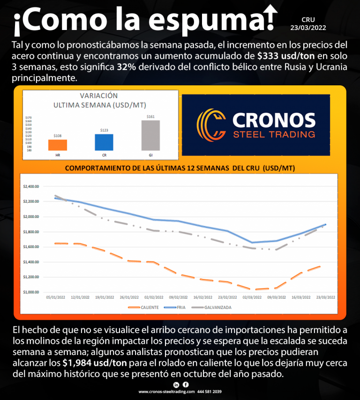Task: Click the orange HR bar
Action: pyautogui.click(x=58, y=145)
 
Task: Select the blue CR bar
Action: pyautogui.click(x=104, y=142)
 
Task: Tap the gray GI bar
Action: pyautogui.click(x=150, y=135)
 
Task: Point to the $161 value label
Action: pyautogui.click(x=150, y=116)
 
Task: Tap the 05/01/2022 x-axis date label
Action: pyautogui.click(x=55, y=297)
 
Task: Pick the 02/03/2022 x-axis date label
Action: pyautogui.click(x=252, y=297)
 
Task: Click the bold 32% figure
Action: pyautogui.click(x=127, y=67)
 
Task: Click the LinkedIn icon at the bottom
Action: pyautogui.click(x=176, y=385)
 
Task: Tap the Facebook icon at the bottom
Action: pyautogui.click(x=186, y=385)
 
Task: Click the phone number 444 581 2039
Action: pyautogui.click(x=210, y=392)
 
